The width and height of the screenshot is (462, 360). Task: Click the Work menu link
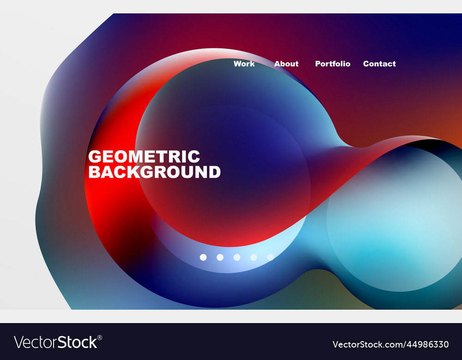244,64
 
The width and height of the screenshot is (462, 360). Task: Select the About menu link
286,64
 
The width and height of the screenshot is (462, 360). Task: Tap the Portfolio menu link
333,64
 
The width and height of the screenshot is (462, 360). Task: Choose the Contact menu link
379,64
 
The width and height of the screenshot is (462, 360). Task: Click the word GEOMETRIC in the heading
144,156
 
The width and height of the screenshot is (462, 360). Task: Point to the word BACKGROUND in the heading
154,172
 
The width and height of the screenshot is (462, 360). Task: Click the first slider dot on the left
203,257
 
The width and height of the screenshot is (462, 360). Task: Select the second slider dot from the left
220,257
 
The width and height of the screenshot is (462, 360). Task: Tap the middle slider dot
237,257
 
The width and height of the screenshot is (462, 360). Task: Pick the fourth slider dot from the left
254,257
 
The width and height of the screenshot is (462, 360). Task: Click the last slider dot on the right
271,257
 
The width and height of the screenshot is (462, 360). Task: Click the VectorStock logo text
55,342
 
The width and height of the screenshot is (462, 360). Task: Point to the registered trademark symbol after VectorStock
100,337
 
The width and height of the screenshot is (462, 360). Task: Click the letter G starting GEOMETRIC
95,156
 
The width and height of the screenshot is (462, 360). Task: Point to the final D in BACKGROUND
214,172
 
